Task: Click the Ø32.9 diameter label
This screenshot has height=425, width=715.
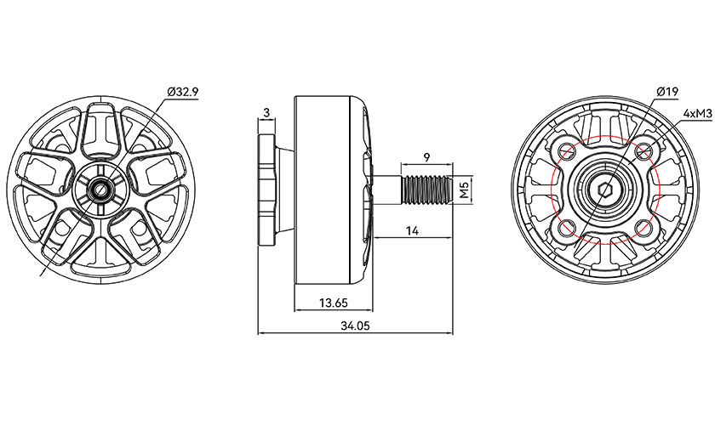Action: click(x=182, y=92)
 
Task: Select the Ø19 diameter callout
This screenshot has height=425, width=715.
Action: click(x=667, y=92)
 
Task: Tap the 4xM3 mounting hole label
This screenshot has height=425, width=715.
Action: click(x=697, y=113)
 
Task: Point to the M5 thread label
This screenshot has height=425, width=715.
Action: click(x=464, y=190)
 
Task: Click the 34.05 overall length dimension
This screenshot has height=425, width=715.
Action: click(x=355, y=326)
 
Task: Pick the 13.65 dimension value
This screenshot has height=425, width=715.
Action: click(x=334, y=303)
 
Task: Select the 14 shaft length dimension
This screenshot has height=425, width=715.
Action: click(x=412, y=231)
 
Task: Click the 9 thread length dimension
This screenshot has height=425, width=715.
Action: click(x=426, y=157)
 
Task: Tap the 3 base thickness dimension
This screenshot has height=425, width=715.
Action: click(x=266, y=112)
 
